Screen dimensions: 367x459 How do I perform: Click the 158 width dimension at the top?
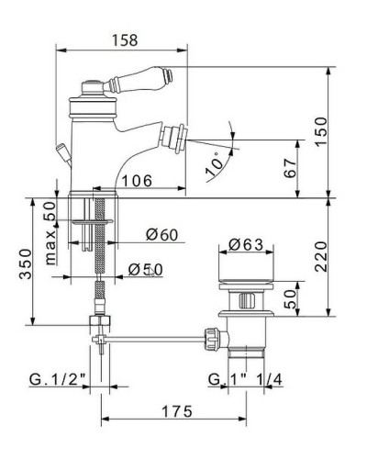tap(125, 40)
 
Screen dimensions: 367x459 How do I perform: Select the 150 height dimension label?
tap(321, 131)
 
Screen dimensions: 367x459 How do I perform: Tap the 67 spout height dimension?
tap(290, 168)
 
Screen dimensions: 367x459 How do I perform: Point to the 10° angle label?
tap(216, 164)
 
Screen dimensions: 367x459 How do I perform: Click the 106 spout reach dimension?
tap(137, 181)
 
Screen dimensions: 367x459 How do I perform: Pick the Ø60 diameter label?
tap(161, 235)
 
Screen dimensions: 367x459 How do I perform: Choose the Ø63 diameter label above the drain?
tap(246, 244)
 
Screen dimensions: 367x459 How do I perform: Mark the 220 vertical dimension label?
tap(321, 256)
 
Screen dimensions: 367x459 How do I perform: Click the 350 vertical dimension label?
tap(26, 263)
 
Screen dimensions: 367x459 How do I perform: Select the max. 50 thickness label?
tap(50, 233)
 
